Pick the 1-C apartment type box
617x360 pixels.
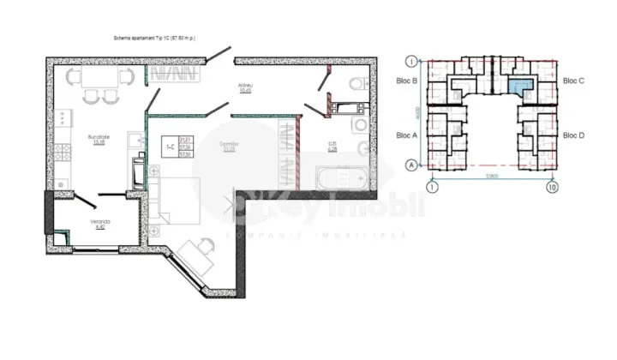177,147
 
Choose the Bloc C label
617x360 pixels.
573,81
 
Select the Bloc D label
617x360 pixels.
573,135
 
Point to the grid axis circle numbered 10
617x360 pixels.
553,186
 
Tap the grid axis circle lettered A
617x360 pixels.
412,165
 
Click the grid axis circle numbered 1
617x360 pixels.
432,186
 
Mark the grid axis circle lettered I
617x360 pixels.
412,61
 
